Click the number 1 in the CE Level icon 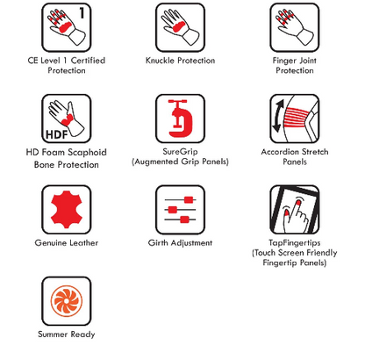(82, 13)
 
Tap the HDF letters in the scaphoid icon (57, 134)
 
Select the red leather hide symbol (67, 210)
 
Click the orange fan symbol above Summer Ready (67, 300)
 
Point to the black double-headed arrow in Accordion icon (277, 116)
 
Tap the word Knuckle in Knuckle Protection (161, 61)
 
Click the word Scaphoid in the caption (87, 153)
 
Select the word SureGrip (180, 152)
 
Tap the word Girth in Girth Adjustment (158, 242)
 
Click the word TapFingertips (295, 242)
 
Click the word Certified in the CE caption (88, 61)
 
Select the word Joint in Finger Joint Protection (307, 61)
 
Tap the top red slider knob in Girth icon (189, 200)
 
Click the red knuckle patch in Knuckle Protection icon (179, 26)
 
